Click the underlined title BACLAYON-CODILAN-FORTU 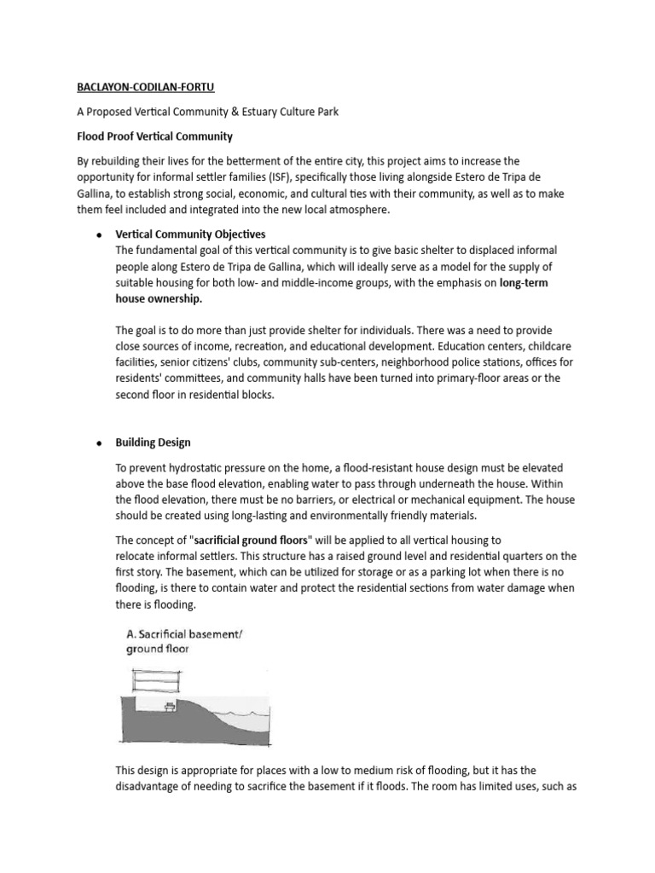(x=148, y=87)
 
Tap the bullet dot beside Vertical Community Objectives (x=100, y=234)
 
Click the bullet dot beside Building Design (x=100, y=443)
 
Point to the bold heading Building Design (x=154, y=442)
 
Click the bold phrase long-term (x=524, y=282)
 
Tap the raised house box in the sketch (x=156, y=680)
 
